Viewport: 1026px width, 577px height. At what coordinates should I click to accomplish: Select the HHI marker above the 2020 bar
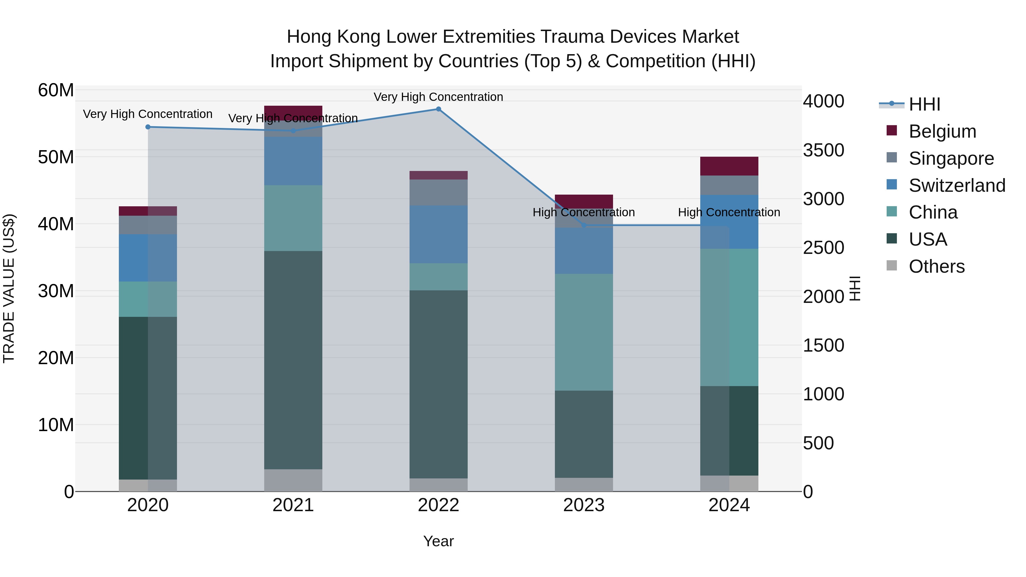[148, 127]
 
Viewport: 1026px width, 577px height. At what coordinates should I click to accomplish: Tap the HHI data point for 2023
[584, 225]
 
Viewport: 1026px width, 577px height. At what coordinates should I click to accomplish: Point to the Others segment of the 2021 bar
[293, 480]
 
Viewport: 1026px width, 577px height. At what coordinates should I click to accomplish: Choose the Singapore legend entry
[951, 158]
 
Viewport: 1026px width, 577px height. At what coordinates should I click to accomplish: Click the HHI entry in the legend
[924, 104]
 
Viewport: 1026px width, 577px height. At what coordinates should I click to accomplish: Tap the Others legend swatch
[892, 266]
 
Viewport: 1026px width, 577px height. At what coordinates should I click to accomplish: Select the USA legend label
[928, 239]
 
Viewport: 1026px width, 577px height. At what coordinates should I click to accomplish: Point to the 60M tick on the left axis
[56, 90]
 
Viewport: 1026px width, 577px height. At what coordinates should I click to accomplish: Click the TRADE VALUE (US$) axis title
[9, 288]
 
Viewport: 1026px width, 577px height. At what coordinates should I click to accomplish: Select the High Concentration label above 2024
[729, 212]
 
